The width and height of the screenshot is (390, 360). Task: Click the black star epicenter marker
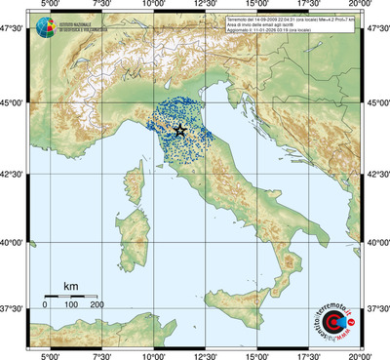coord(179,130)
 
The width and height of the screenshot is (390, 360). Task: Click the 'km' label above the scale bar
coord(70,285)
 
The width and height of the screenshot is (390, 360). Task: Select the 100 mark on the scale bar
coord(71,305)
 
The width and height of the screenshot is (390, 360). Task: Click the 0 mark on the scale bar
coord(45,305)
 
